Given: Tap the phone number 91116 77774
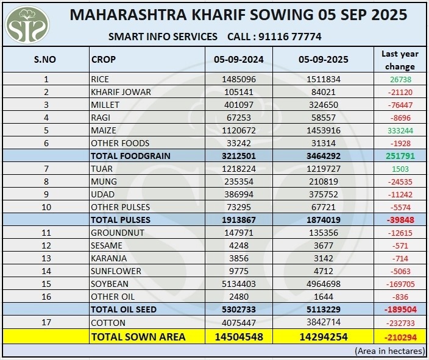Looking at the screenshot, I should click(290, 37).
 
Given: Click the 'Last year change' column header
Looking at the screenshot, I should click(400, 60).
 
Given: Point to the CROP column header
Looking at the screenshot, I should click(104, 60).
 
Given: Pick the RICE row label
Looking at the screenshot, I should click(100, 79).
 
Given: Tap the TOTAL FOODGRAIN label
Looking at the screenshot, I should click(130, 156).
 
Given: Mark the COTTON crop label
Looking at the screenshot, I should click(108, 322).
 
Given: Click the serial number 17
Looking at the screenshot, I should click(46, 322).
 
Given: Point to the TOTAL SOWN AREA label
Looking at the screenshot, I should click(138, 336).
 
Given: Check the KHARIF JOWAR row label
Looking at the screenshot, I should click(121, 92).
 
